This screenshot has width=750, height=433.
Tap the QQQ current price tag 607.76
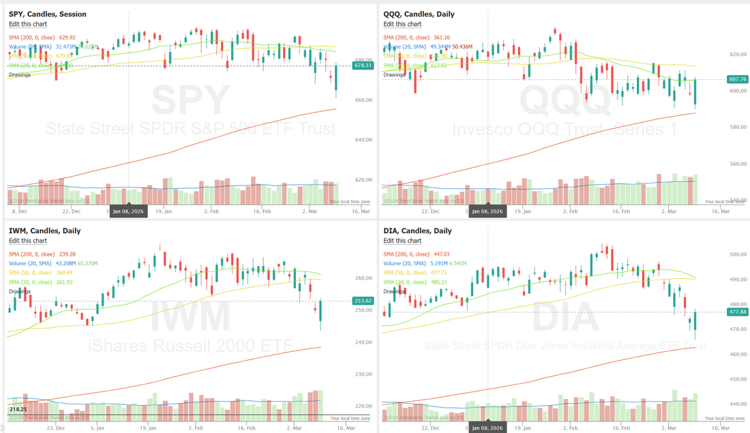click(738, 79)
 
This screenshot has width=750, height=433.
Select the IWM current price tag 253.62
click(363, 301)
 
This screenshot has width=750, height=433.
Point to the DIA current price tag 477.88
click(738, 312)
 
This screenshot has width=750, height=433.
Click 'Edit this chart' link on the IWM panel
click(28, 241)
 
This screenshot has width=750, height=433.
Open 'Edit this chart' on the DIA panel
click(402, 241)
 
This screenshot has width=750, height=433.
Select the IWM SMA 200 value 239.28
click(67, 254)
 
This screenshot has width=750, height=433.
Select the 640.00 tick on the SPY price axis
click(363, 140)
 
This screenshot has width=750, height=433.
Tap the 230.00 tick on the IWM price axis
click(363, 374)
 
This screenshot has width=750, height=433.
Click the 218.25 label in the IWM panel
click(18, 409)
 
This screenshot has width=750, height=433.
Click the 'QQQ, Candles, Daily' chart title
click(419, 14)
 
